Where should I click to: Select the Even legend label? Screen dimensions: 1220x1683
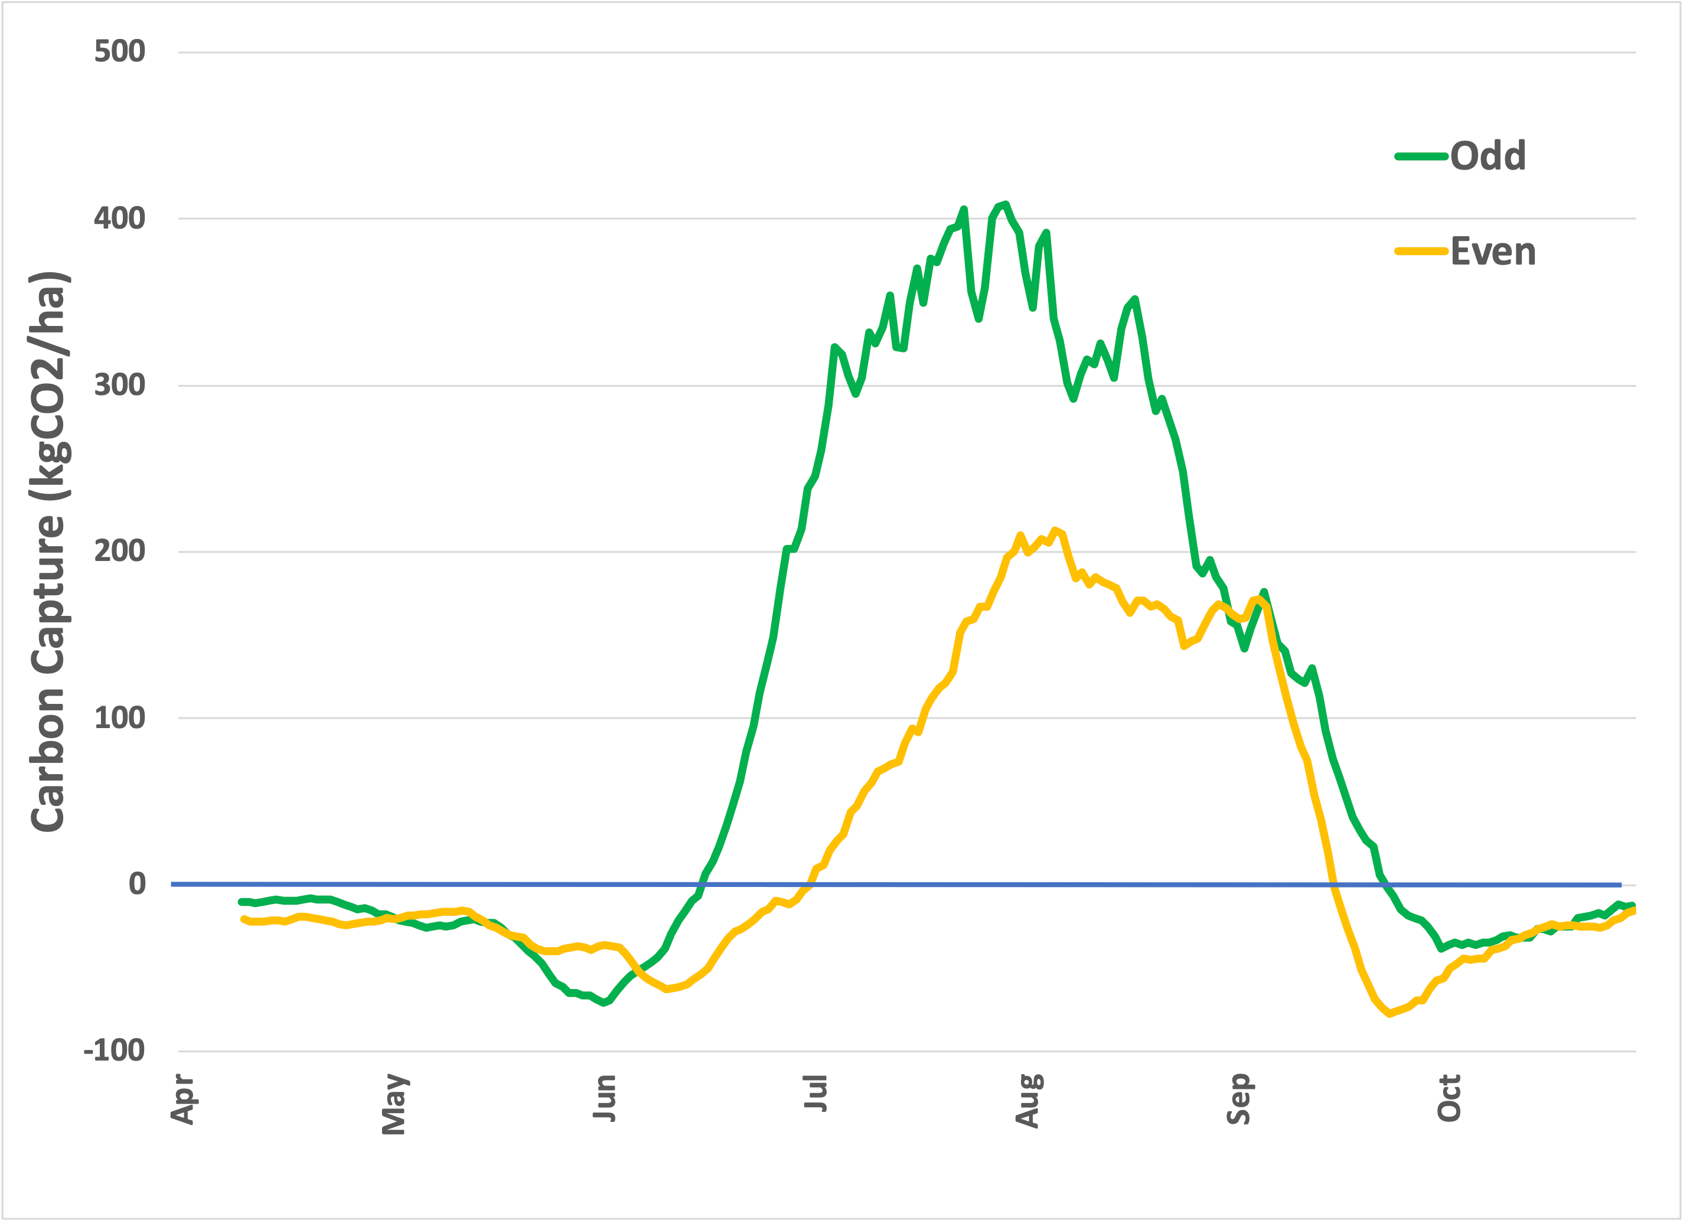pos(1492,252)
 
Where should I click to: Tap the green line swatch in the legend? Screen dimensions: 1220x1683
pos(1421,156)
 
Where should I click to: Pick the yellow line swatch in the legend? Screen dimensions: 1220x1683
pos(1421,252)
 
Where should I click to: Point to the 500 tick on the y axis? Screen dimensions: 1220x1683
pos(119,51)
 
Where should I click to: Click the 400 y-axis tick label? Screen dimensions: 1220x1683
pos(119,218)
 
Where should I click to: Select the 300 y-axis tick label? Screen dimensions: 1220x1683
pos(119,385)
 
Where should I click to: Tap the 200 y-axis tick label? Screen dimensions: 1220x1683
pos(119,552)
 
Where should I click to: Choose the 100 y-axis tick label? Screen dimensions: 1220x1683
pos(119,717)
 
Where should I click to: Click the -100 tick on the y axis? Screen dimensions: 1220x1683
pos(113,1051)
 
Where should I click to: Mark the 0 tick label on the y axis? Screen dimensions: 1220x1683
pos(136,884)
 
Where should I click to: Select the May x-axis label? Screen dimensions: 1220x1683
pos(393,1104)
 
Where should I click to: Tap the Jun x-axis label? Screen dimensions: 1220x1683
pos(604,1098)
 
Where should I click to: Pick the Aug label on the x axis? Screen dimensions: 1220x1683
pos(1027,1101)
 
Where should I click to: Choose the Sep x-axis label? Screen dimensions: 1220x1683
pos(1238,1098)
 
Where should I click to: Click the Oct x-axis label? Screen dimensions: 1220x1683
pos(1449,1098)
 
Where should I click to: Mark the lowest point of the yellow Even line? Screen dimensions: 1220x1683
pos(1389,1013)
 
